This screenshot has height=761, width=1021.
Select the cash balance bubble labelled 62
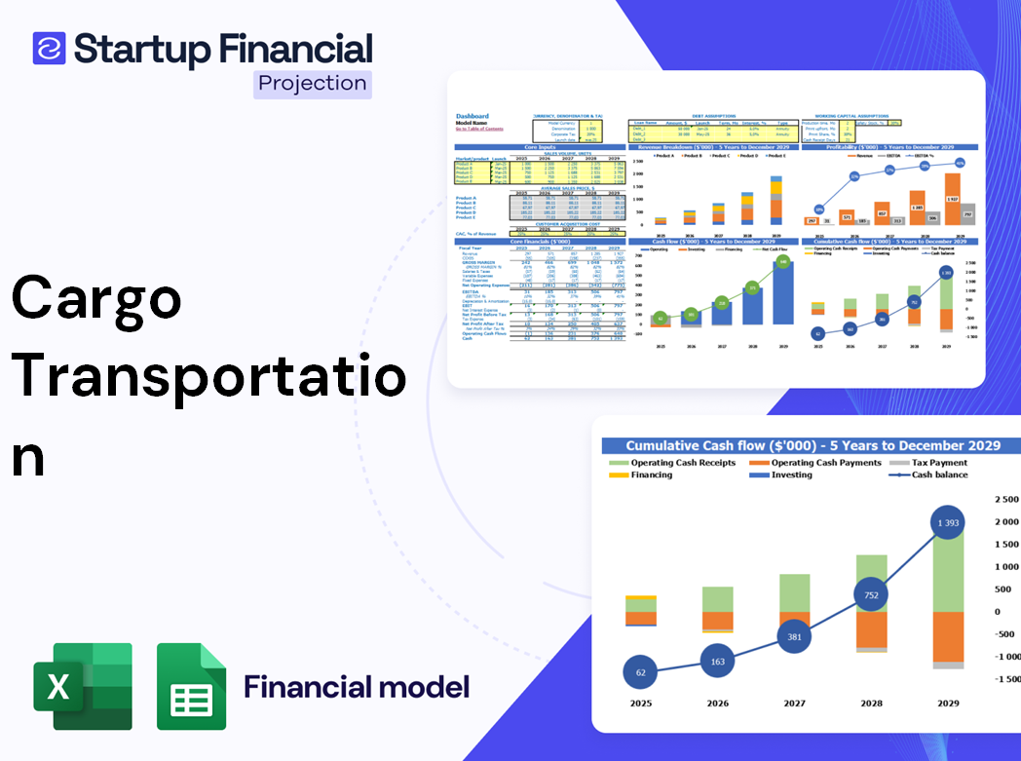640,672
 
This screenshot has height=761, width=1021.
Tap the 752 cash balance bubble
871,594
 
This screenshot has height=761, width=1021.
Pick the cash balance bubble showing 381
794,637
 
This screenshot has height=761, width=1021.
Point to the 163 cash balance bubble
717,662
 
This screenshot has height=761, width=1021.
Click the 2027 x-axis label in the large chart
794,703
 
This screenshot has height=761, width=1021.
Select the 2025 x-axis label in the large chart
640,703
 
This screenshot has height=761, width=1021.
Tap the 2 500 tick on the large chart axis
1005,500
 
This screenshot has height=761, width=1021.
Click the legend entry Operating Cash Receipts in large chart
693,463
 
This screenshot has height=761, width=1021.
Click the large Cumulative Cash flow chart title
813,445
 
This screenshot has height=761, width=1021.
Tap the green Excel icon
83,686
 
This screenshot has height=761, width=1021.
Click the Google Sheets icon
192,686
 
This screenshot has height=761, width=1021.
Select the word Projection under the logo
313,84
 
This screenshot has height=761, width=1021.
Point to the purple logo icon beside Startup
49,48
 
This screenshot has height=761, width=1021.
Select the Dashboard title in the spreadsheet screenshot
473,116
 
